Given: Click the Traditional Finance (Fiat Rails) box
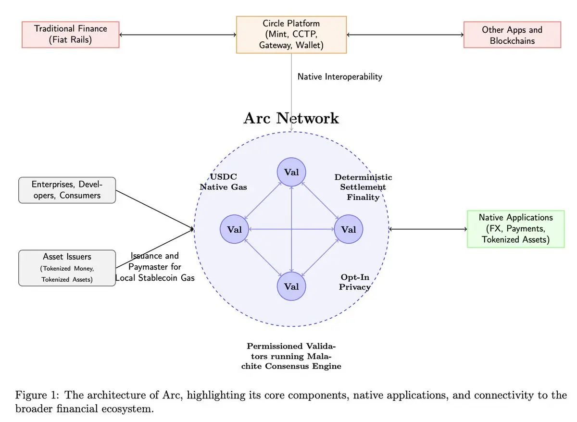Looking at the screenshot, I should tap(71, 35).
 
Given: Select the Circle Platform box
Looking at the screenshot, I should tap(291, 35).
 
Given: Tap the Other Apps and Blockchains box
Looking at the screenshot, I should tap(512, 35).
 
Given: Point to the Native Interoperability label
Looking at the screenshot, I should tap(339, 76).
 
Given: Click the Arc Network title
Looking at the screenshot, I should tap(291, 118).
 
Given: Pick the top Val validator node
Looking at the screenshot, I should tap(291, 172).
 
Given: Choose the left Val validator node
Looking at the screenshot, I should tap(234, 229).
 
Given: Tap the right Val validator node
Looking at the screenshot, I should tap(349, 229).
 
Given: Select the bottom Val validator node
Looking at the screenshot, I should tap(291, 286).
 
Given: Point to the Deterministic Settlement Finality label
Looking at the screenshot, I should tap(363, 187).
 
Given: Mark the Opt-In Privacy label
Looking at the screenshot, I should tap(355, 282).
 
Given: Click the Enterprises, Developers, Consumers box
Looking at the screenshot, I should tap(67, 190).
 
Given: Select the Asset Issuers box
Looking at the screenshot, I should tap(67, 268).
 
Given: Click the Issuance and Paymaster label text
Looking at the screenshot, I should tap(154, 267).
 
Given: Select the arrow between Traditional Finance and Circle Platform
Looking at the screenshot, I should tap(177, 35).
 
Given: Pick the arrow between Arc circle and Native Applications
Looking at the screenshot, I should tap(428, 229).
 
